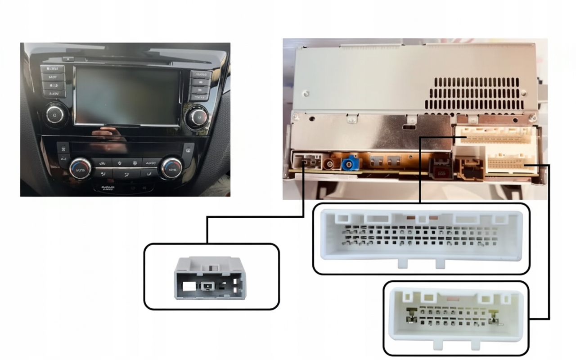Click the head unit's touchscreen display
pyautogui.click(x=128, y=95)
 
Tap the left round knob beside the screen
pyautogui.click(x=55, y=115)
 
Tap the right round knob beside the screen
pyautogui.click(x=198, y=117)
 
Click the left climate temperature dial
pyautogui.click(x=81, y=169)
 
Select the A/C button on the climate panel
pyautogui.click(x=63, y=159)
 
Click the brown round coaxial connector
pyautogui.click(x=333, y=162)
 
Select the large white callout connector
pyautogui.click(x=421, y=238)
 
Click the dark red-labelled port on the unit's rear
pyautogui.click(x=441, y=167)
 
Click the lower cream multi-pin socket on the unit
pyautogui.click(x=511, y=162)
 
